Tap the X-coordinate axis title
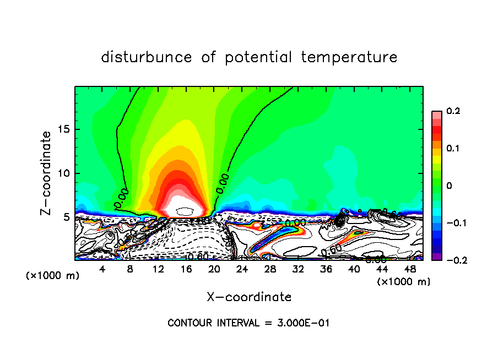[249, 297]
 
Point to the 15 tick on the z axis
[66, 129]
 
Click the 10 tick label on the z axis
[66, 173]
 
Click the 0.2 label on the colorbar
[453, 111]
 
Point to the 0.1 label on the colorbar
[453, 149]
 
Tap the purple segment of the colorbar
[436, 257]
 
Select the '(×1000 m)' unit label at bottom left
[53, 276]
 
